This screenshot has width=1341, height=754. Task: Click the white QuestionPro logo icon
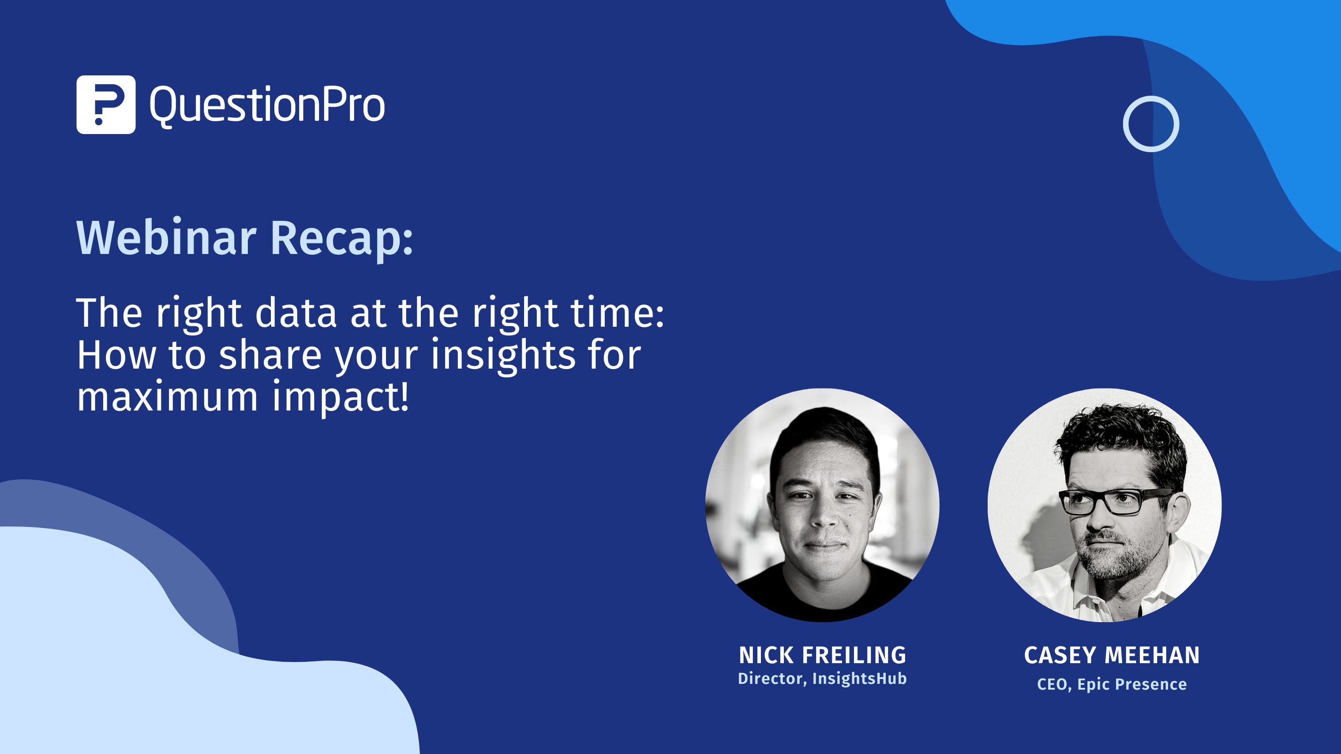pos(106,105)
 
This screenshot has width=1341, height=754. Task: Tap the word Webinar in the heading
pos(166,238)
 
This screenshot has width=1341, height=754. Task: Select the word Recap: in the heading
pos(341,238)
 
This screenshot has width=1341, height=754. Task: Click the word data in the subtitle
pos(296,314)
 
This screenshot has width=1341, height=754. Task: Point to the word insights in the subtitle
pos(502,355)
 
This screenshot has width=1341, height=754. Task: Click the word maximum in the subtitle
pos(167,396)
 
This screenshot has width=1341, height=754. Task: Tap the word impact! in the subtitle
pos(341,396)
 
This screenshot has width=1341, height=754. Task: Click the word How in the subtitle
pos(116,355)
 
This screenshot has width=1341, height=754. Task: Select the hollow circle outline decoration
pos(1150,124)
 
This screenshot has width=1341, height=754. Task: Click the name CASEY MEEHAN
pos(1112,655)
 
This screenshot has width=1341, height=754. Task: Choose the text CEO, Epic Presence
pos(1112,684)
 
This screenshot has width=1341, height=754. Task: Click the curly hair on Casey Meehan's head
pos(1119,432)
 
